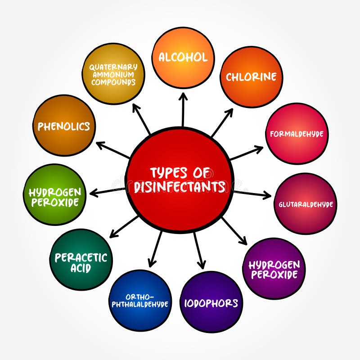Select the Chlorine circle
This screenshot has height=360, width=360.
click(251, 76)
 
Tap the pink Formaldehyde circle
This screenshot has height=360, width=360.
click(297, 133)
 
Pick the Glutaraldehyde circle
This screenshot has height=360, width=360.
click(305, 203)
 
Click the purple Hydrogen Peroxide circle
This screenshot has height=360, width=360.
click(274, 269)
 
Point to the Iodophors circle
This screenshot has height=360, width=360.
click(211, 302)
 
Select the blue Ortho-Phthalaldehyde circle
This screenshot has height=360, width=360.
click(140, 301)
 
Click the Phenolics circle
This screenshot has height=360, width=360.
click(64, 126)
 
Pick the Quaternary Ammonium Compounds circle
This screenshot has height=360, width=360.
click(113, 74)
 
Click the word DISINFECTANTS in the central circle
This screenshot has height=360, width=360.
click(180, 186)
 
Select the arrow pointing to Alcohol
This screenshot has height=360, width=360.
click(183, 109)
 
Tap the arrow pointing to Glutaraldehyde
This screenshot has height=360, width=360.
click(252, 194)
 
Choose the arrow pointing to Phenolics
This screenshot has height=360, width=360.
click(112, 150)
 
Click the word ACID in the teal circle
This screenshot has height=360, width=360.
click(81, 268)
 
